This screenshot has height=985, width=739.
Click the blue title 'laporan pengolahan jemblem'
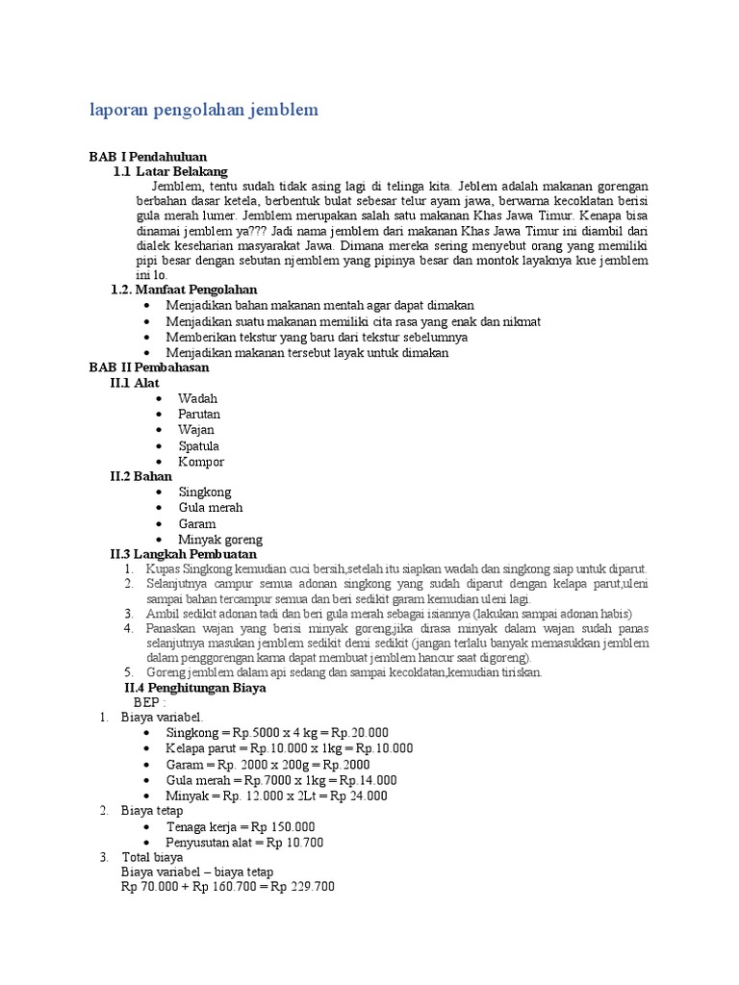coord(203,111)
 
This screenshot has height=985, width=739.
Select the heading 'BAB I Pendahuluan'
coord(147,156)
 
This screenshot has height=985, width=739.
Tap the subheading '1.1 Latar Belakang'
coord(170,171)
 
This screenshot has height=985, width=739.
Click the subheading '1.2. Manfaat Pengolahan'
coord(184,290)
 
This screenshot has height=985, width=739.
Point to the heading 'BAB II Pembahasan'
coord(148,367)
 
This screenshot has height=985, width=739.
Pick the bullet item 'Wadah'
coord(197,398)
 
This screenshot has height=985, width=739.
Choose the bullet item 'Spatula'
coord(198,445)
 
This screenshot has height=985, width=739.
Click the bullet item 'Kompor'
coord(200,462)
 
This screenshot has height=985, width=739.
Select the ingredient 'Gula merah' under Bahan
coord(210,508)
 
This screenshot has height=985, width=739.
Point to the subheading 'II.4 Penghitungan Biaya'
coord(195,689)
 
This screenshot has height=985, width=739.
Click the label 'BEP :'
coord(150,703)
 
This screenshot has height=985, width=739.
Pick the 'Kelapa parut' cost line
coord(289,748)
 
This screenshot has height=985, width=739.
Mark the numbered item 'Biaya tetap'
coord(151,811)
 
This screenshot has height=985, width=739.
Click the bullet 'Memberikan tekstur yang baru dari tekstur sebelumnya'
coord(317,337)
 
